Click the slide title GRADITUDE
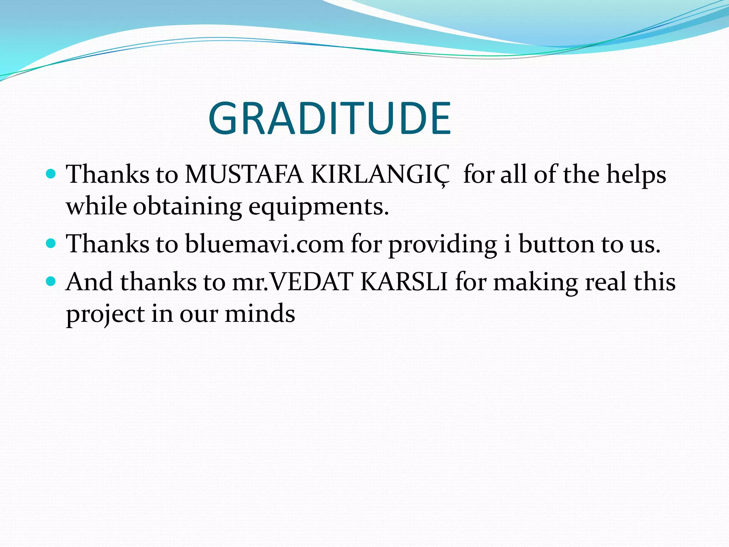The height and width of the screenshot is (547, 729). click(330, 119)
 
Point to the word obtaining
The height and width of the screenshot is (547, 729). click(187, 207)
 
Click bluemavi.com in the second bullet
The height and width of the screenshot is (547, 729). click(264, 244)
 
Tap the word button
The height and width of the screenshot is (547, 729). click(556, 244)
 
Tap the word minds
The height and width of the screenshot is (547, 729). click(260, 313)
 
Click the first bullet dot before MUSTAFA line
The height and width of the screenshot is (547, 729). click(52, 174)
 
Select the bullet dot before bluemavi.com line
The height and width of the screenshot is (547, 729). click(52, 244)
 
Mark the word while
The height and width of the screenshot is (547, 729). click(96, 207)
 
